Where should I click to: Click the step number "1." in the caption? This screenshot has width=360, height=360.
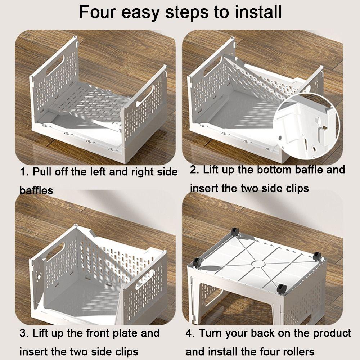pos(24,172)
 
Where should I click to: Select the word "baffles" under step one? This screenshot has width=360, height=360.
pos(36,190)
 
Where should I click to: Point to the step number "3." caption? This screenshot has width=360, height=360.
pos(24,333)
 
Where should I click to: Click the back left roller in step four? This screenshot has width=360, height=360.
pos(235,231)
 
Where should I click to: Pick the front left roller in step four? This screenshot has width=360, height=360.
pos(197,262)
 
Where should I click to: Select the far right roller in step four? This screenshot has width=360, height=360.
pos(317,256)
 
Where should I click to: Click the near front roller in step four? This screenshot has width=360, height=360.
pos(281,288)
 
